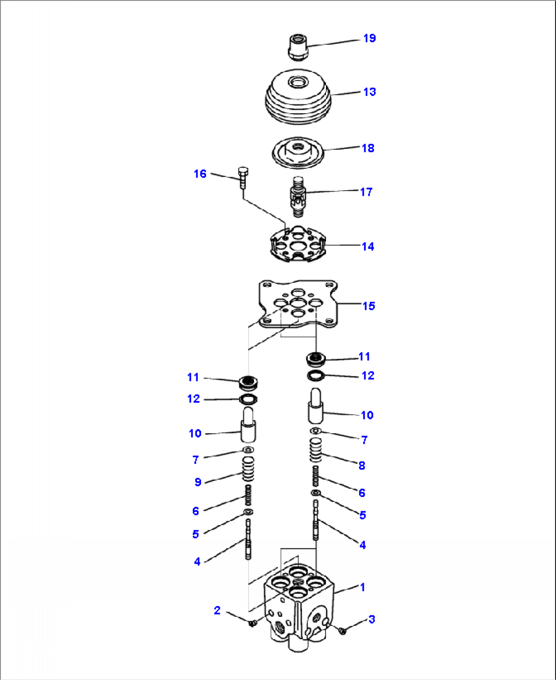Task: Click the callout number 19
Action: tap(369, 38)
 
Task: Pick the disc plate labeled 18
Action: tap(298, 153)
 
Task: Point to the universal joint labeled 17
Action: tap(297, 196)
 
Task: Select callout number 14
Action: tap(368, 247)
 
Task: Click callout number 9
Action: tap(198, 482)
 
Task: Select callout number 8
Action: tap(362, 465)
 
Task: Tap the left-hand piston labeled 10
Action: tap(248, 425)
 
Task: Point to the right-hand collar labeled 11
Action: tap(316, 359)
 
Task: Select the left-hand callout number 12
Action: tap(193, 399)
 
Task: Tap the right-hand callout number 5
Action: tap(363, 515)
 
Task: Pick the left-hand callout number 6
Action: tap(195, 511)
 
